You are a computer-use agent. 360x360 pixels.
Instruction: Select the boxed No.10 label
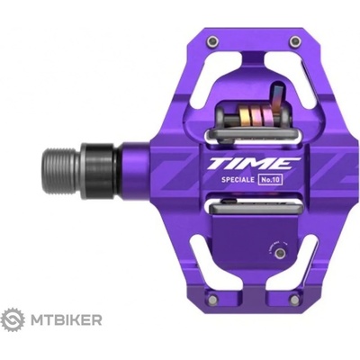point(270,180)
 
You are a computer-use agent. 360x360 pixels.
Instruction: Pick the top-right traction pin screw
point(294,41)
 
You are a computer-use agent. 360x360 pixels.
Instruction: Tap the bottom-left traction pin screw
point(212,299)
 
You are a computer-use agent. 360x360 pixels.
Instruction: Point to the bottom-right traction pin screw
point(295,299)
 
